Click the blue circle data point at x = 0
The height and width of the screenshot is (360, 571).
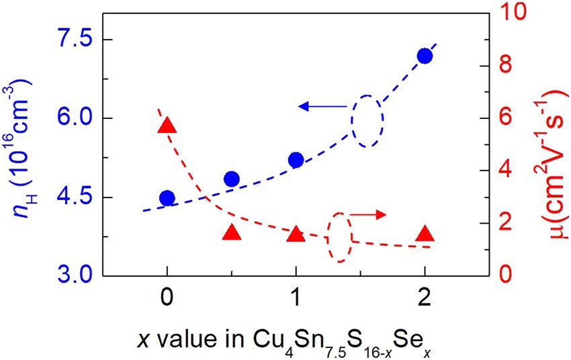(x=167, y=197)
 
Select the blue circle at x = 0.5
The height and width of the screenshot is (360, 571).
(x=232, y=179)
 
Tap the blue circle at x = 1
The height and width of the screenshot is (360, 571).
(x=296, y=159)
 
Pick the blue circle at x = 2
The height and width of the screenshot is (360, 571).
(x=425, y=56)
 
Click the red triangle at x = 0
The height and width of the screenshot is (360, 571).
(x=167, y=126)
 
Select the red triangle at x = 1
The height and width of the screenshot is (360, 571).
(x=296, y=234)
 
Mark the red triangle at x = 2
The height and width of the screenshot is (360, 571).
(x=425, y=234)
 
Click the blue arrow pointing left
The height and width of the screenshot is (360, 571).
(x=322, y=106)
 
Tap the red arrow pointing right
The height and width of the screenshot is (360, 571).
(x=369, y=214)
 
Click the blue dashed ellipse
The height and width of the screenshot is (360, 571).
(x=368, y=120)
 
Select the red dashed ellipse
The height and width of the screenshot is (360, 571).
(x=339, y=236)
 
